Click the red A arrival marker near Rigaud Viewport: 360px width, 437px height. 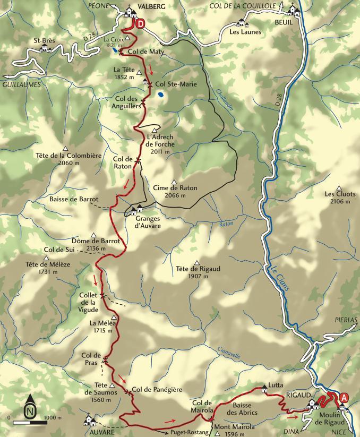point(345,397)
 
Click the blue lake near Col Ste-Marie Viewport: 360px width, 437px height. point(160,95)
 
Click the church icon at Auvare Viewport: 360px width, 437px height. point(89,421)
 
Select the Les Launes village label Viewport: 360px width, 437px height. point(242,31)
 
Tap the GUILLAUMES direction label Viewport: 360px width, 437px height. point(22,84)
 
